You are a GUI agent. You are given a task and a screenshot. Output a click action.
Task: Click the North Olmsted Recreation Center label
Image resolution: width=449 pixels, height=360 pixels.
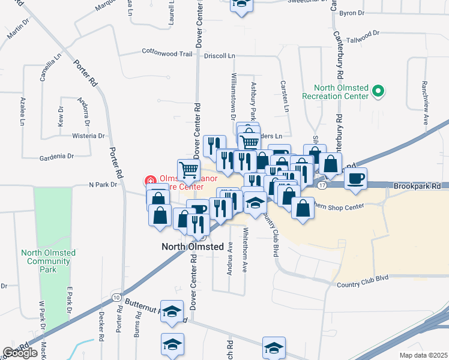click(x=334, y=92)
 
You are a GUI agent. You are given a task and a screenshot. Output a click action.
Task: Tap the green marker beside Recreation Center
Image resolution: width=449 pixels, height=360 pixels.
click(x=378, y=92)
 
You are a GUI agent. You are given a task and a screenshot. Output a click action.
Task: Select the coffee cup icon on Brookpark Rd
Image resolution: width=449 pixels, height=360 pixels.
click(x=356, y=178)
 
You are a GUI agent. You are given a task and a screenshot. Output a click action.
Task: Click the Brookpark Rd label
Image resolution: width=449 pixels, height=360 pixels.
click(x=418, y=187)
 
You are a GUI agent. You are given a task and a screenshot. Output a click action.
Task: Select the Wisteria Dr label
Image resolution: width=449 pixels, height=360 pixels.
click(x=89, y=136)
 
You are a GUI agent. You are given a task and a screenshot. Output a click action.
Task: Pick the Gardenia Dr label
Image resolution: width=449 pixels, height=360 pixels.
click(x=56, y=157)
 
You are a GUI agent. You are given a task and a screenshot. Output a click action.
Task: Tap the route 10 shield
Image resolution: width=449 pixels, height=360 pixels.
click(x=116, y=297)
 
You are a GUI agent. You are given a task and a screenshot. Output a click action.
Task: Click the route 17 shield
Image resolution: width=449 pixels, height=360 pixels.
click(x=322, y=186)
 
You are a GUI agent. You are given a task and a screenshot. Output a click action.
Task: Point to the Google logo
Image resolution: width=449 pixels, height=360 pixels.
click(x=20, y=353)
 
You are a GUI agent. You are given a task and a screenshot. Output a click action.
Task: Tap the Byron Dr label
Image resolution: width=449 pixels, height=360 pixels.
click(x=352, y=13)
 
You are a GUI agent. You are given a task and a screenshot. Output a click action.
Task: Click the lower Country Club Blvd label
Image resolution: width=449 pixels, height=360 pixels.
click(x=363, y=277)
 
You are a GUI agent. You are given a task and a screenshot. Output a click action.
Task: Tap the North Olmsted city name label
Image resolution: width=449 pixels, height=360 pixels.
click(x=193, y=247)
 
